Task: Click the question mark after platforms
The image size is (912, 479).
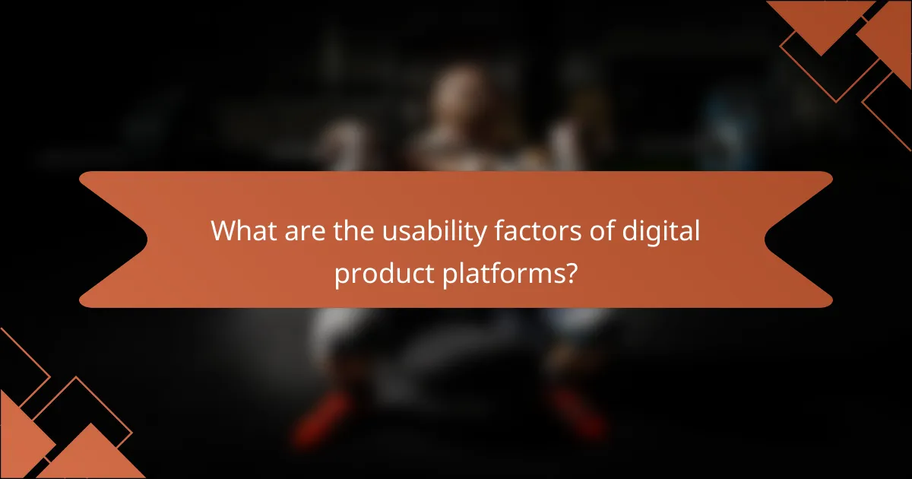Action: tap(568, 272)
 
